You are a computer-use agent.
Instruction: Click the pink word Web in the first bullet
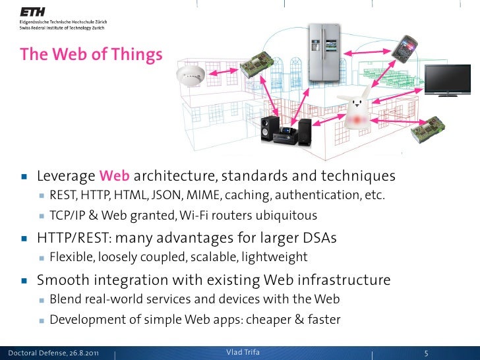coord(115,177)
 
